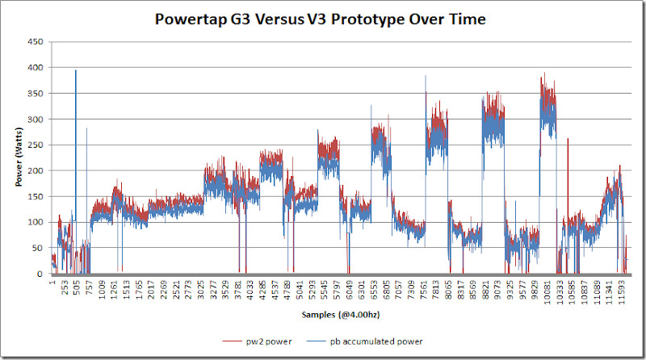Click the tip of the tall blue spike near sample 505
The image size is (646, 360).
pyautogui.click(x=76, y=70)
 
